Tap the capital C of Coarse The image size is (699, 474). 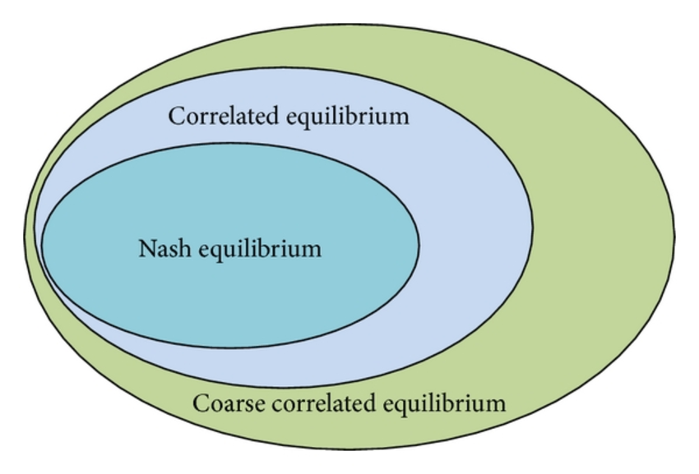pos(200,403)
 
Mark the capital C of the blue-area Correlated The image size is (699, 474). pos(176,116)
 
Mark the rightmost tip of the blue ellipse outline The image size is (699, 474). pos(532,226)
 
